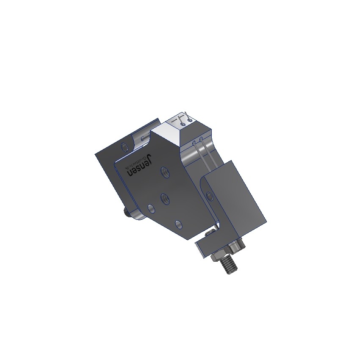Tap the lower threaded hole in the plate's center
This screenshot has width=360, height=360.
coord(164,197)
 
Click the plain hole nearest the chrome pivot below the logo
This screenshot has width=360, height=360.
coord(150,208)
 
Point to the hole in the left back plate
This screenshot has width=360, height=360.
coord(124,147)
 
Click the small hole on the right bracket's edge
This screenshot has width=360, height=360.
coord(209,196)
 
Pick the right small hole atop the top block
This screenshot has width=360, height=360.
coord(189,121)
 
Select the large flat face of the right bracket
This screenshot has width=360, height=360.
coord(237,199)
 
